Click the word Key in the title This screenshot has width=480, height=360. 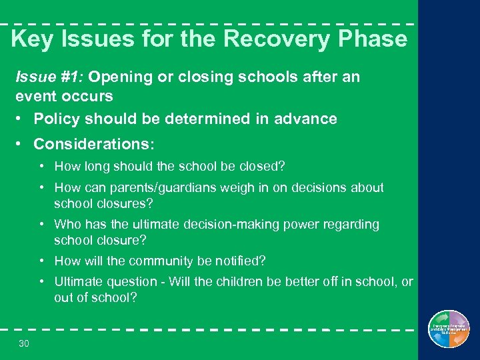click(x=33, y=39)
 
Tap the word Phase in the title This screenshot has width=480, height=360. click(x=373, y=39)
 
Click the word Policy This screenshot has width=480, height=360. click(x=56, y=119)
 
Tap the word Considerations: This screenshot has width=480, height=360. click(x=94, y=144)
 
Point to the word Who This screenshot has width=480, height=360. click(x=67, y=225)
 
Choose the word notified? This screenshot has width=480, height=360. click(x=240, y=261)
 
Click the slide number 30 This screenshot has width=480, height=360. click(x=25, y=343)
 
